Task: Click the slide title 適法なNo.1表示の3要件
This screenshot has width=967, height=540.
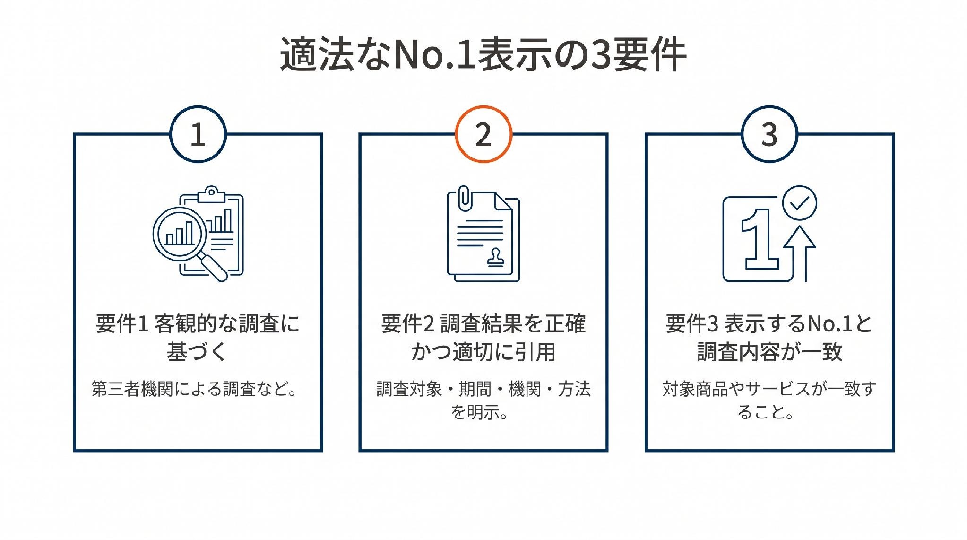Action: (483, 55)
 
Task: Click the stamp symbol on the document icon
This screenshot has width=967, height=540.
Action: (495, 257)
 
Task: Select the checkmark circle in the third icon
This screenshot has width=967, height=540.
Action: (800, 202)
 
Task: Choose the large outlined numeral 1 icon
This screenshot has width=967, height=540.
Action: (759, 239)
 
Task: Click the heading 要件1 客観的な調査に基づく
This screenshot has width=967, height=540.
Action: (198, 338)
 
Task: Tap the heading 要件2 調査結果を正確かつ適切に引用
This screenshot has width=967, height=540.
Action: (483, 338)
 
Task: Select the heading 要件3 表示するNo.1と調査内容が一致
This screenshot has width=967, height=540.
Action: (769, 338)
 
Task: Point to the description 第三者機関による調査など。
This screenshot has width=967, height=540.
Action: (195, 389)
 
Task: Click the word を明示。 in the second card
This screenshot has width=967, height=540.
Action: (479, 412)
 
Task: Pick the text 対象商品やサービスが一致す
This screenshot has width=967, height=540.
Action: (769, 389)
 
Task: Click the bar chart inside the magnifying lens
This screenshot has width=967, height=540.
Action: (180, 233)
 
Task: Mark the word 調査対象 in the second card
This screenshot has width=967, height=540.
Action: (409, 389)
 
